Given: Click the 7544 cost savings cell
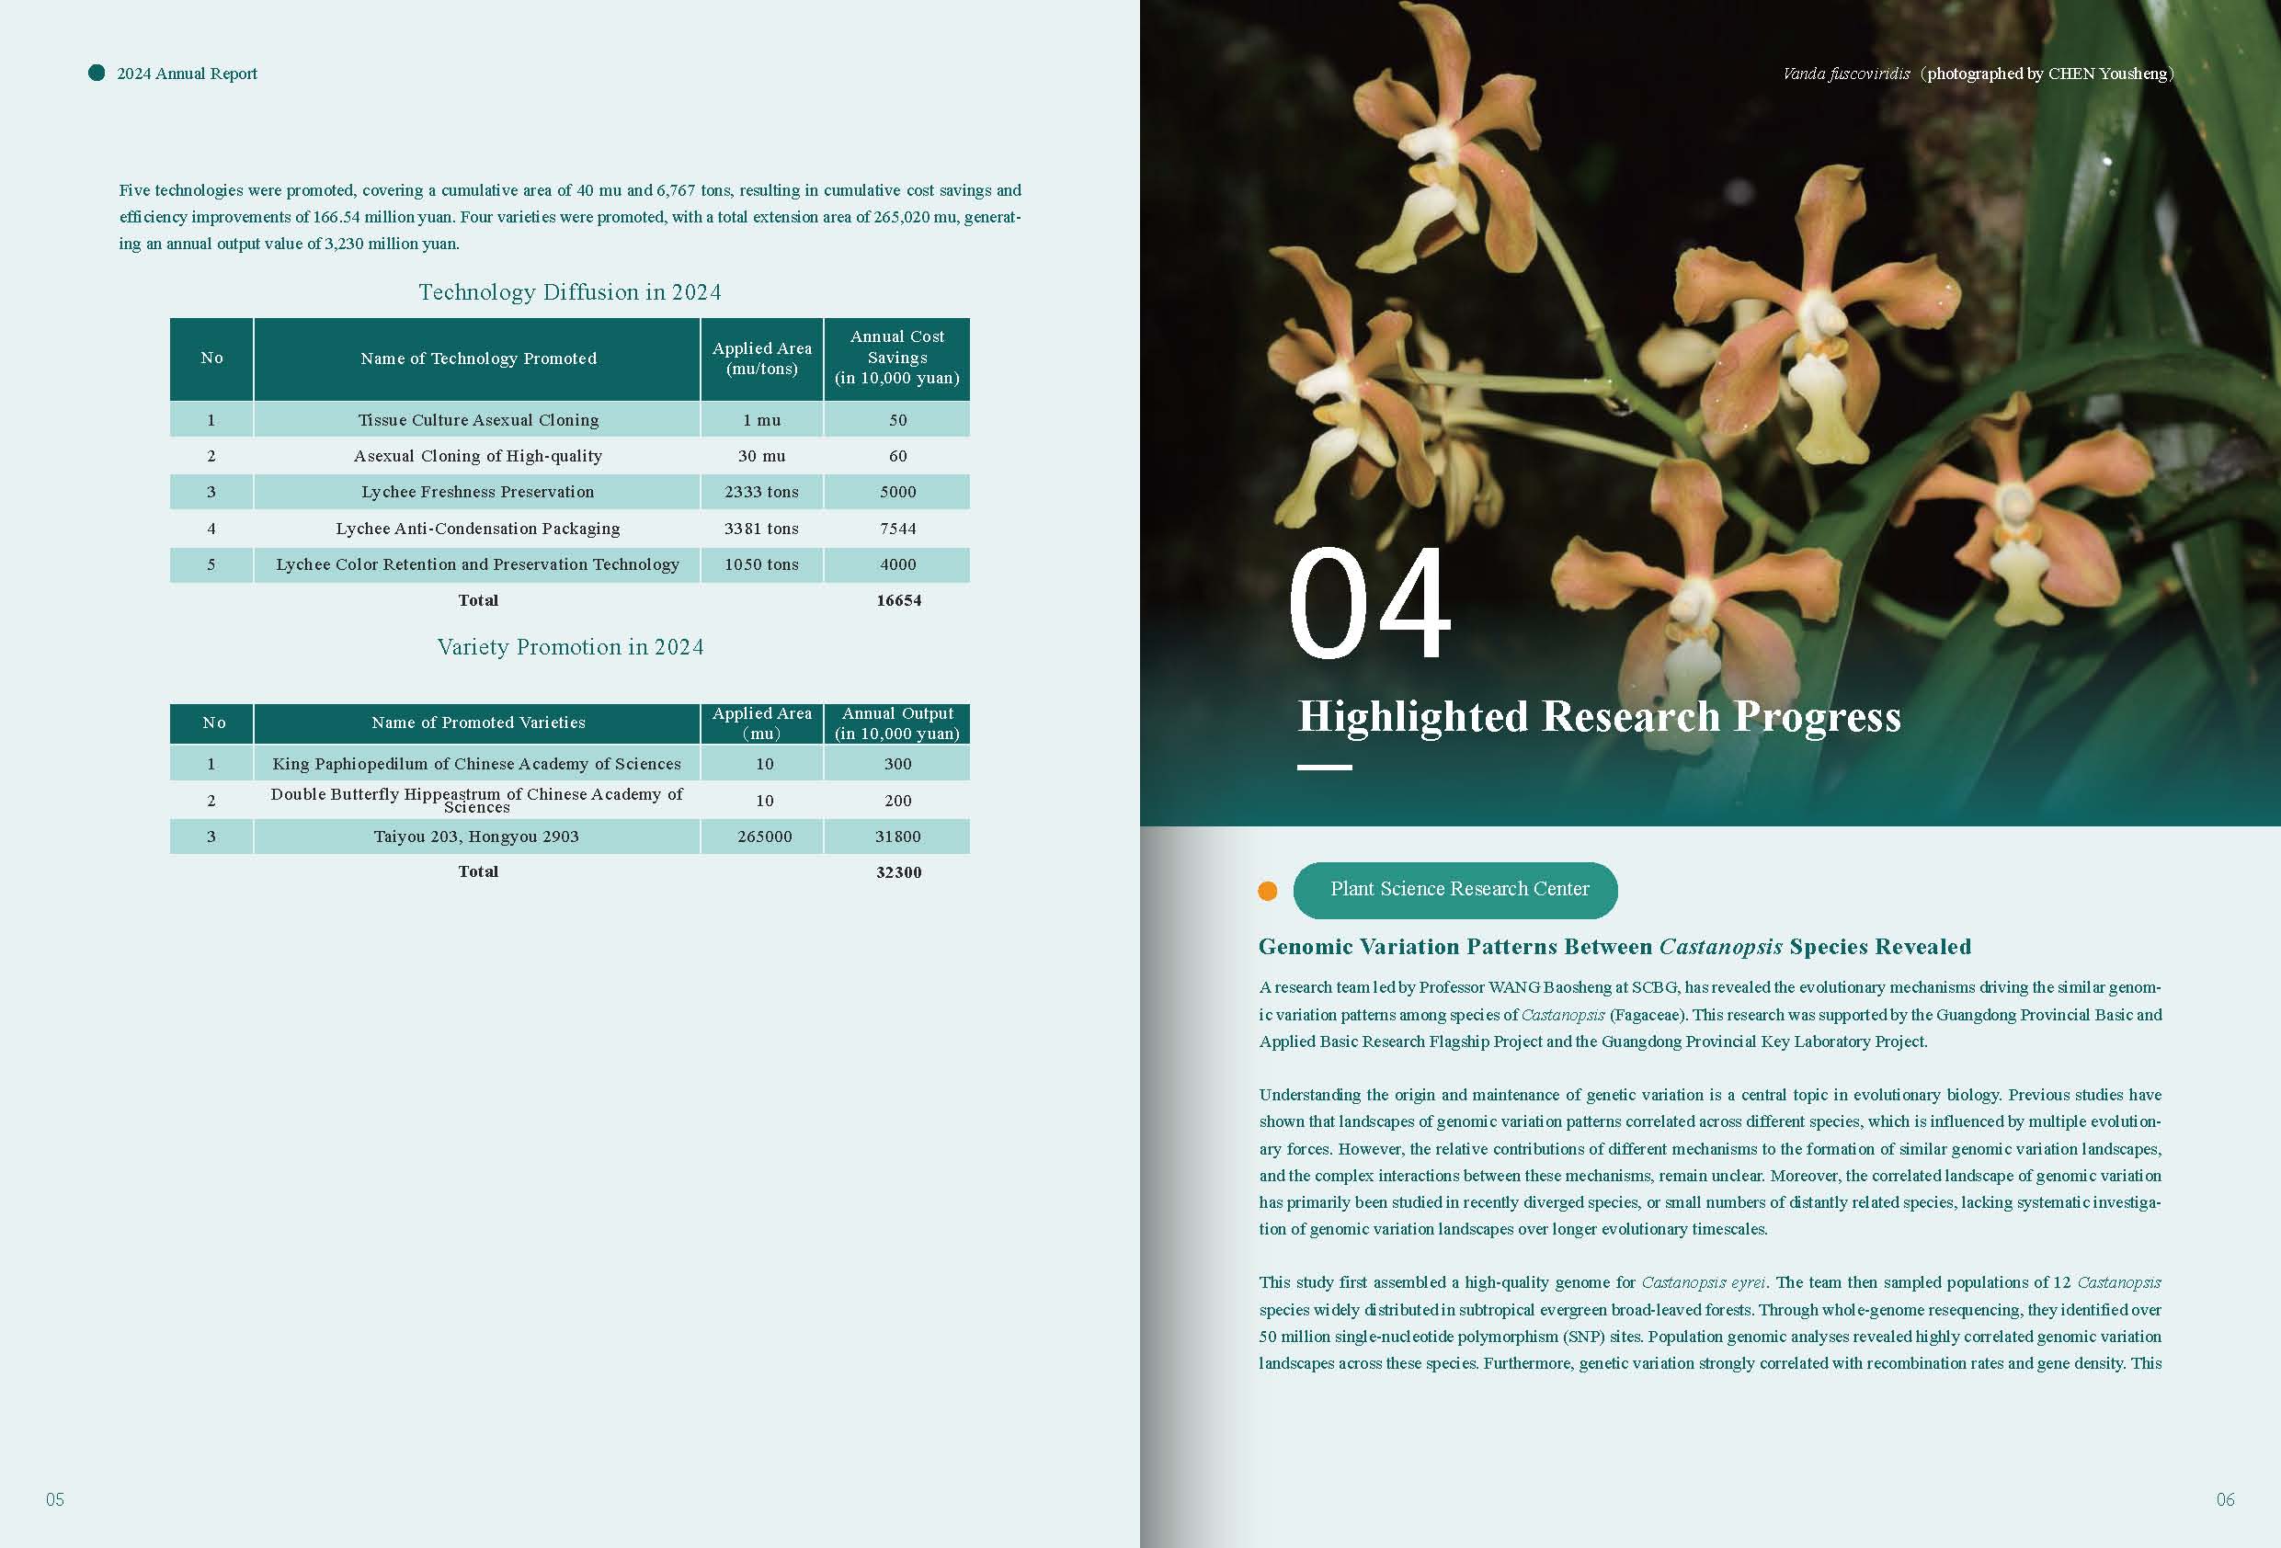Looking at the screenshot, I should tap(897, 529).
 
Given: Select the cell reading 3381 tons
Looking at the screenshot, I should tap(761, 529).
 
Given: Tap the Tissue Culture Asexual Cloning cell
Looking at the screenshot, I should tap(478, 420).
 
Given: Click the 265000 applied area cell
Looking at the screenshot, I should tap(765, 837).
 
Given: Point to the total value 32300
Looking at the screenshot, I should tap(898, 871).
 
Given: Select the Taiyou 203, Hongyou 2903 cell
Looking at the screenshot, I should tap(476, 837).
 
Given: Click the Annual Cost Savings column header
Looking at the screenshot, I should tap(897, 358).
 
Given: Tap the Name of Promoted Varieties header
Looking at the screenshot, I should tap(478, 723).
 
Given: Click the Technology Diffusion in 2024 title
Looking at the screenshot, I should tap(569, 292).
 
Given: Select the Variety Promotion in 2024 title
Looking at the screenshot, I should tap(570, 647).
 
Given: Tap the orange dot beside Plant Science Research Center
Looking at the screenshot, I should tap(1267, 892).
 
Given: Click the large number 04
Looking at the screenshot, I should tap(1368, 605).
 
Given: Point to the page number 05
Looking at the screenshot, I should tap(55, 1499).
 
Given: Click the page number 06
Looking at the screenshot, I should tap(2225, 1499).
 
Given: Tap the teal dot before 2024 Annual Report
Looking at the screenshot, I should tap(97, 73).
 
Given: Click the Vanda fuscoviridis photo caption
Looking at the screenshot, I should tap(1977, 74).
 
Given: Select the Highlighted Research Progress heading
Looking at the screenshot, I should tap(1599, 717).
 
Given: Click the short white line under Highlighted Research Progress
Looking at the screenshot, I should tap(1324, 768).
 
